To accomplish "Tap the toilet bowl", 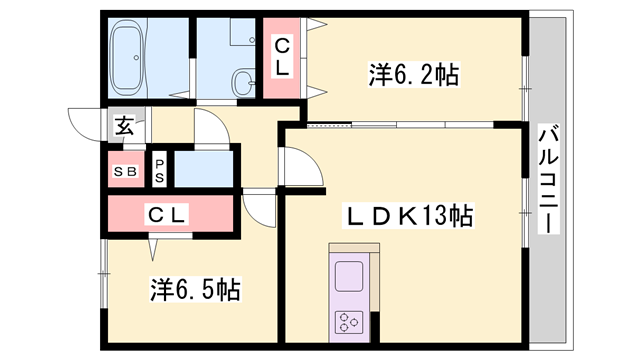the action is click(x=244, y=82).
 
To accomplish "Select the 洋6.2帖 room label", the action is click(x=414, y=75).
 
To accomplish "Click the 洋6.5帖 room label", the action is click(x=195, y=289).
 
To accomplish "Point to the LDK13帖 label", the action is click(x=408, y=216).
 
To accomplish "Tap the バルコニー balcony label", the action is click(x=548, y=179).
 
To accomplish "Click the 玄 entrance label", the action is click(x=124, y=126).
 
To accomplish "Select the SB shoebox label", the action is click(x=125, y=172).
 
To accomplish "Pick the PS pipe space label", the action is click(x=159, y=171).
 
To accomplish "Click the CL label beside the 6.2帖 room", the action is click(x=282, y=57).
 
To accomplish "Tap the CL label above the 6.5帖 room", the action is click(x=167, y=214).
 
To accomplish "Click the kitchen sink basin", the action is click(x=349, y=276).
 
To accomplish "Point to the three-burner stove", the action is click(x=349, y=322).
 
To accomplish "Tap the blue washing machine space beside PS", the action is click(x=204, y=169).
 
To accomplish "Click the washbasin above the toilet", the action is click(x=243, y=31).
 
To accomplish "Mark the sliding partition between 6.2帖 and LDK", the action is click(x=400, y=124).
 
